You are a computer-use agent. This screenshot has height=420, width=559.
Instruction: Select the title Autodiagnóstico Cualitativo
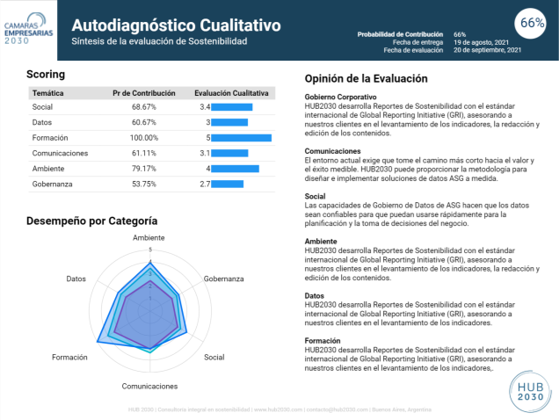[175, 25]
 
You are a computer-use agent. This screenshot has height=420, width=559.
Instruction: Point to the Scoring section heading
[45, 74]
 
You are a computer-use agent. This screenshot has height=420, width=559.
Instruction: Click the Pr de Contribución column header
[144, 92]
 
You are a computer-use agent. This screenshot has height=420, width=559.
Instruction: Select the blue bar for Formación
[242, 138]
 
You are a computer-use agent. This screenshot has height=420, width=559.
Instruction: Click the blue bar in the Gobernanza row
[228, 184]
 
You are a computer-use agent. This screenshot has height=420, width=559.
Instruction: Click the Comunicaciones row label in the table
[60, 153]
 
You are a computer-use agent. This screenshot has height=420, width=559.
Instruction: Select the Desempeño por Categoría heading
[92, 221]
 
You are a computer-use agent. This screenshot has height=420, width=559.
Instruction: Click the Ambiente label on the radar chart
[149, 238]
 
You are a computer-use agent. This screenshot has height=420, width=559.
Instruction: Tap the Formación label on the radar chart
[70, 358]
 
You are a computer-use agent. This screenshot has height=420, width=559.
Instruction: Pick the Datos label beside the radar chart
[76, 279]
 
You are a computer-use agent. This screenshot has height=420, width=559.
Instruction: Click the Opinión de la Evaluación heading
[366, 78]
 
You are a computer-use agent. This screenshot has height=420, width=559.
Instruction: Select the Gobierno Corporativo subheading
[341, 97]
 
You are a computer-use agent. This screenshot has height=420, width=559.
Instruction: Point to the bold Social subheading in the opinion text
[316, 196]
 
